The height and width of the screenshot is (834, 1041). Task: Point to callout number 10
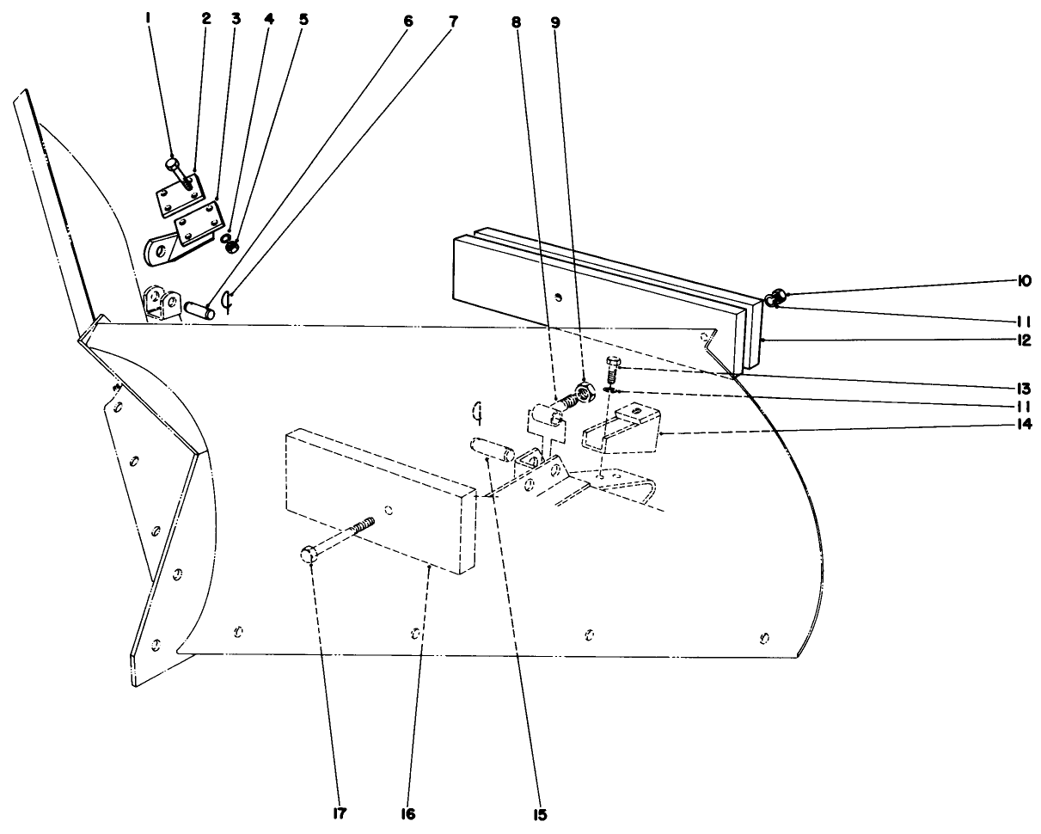[x=1026, y=281]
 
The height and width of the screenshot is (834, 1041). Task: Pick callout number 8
[x=516, y=22]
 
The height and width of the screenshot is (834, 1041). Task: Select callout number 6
[x=407, y=18]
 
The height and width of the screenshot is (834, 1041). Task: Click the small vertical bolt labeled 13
[x=613, y=371]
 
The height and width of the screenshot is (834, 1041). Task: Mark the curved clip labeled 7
[x=226, y=301]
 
